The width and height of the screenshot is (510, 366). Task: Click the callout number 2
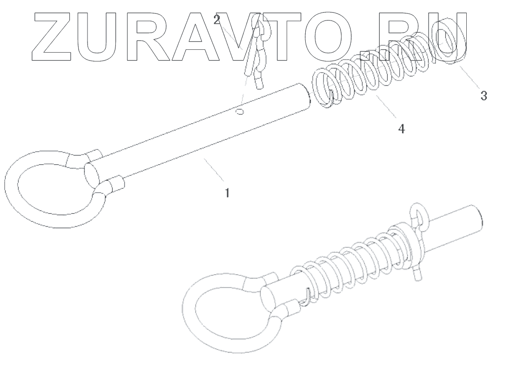point(217,20)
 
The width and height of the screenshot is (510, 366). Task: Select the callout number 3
point(483,96)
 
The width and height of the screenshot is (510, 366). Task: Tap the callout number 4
point(401,129)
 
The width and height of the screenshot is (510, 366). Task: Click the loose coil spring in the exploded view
point(372,75)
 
